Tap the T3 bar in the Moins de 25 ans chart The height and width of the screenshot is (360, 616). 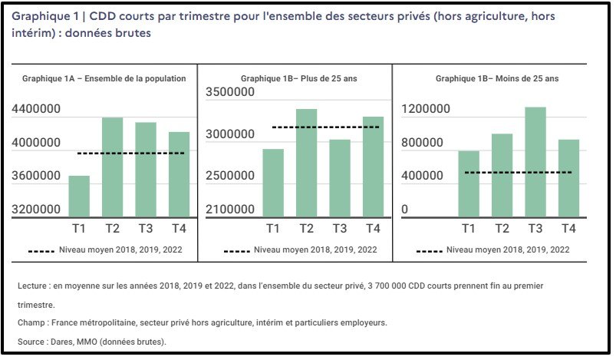pyautogui.click(x=535, y=162)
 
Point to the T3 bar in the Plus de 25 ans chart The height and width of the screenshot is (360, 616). pyautogui.click(x=339, y=178)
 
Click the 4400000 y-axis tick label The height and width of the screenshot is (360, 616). pyautogui.click(x=37, y=110)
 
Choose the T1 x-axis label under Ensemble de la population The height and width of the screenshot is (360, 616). pyautogui.click(x=78, y=229)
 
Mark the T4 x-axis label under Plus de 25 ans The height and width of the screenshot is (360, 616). pyautogui.click(x=372, y=229)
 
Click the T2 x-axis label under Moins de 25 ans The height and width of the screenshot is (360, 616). pyautogui.click(x=502, y=229)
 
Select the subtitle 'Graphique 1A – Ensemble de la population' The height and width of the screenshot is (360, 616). pyautogui.click(x=104, y=78)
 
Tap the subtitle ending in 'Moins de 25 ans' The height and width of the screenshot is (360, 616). pyautogui.click(x=497, y=78)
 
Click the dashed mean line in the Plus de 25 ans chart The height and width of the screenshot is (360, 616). pyautogui.click(x=325, y=127)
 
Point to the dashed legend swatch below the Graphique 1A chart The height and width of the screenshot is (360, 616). pyautogui.click(x=41, y=250)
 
